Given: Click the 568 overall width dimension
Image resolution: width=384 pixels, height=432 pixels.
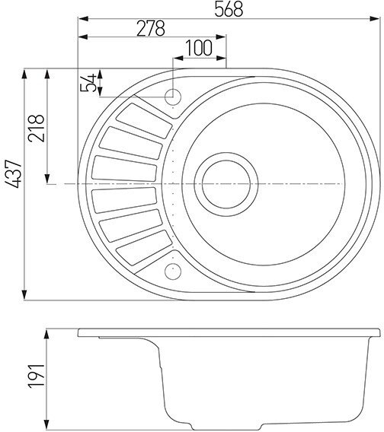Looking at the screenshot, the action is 229,9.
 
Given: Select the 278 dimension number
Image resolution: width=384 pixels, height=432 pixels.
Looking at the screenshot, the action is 151,28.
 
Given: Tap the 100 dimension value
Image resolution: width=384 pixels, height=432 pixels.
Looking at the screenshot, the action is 199,48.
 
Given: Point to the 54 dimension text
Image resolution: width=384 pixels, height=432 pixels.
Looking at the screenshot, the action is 88,82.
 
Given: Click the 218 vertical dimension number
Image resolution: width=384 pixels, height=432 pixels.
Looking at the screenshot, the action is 37,129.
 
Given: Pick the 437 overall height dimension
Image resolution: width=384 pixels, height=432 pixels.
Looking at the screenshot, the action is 13,174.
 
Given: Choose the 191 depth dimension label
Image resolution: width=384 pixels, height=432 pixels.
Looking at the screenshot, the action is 37,376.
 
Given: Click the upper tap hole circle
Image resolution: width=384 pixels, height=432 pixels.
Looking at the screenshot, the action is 173,97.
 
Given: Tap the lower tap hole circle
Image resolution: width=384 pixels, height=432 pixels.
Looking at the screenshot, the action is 173,271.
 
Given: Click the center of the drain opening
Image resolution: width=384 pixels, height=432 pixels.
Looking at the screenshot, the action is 226,184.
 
